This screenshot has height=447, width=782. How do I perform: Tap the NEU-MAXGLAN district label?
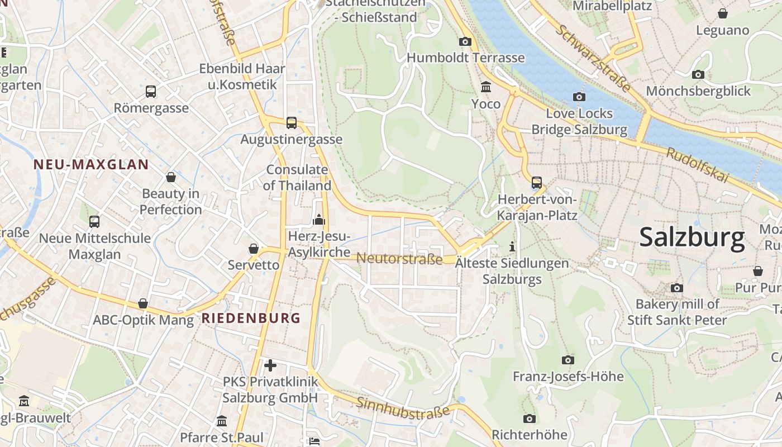click(x=91, y=164)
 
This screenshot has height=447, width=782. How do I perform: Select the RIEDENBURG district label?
click(x=251, y=318)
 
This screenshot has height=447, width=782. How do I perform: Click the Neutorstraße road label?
click(x=399, y=259)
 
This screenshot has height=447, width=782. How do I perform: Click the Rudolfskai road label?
click(x=698, y=165)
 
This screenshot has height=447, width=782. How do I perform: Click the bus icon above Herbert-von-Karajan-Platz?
click(x=536, y=182)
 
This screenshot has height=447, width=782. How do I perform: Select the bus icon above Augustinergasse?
click(x=291, y=122)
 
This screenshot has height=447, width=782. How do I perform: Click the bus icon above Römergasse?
click(x=151, y=91)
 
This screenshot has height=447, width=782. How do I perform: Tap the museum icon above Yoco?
click(x=486, y=87)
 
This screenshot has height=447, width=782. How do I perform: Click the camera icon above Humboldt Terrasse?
click(x=465, y=41)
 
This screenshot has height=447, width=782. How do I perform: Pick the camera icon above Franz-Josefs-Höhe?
click(x=568, y=360)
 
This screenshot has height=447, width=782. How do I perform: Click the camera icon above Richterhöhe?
click(x=529, y=419)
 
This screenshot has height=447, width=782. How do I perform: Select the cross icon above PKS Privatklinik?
click(x=270, y=365)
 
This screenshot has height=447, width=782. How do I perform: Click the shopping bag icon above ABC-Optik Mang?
click(x=143, y=303)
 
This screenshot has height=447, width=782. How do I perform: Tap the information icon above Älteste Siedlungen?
click(x=512, y=246)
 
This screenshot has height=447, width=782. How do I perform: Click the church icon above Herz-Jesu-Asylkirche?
click(x=319, y=220)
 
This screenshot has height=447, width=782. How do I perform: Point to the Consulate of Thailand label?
click(x=297, y=177)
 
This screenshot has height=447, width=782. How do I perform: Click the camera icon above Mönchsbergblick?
click(x=698, y=74)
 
